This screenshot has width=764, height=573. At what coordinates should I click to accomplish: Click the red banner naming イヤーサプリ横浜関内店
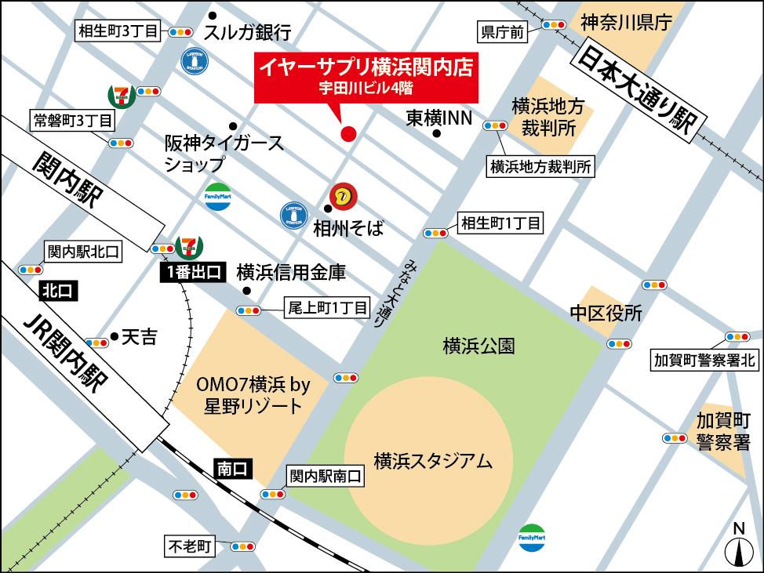point(368,77)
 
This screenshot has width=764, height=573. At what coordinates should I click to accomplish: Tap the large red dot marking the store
point(349,134)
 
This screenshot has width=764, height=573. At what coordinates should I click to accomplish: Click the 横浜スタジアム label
point(433,461)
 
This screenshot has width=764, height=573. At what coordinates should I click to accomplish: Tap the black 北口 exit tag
point(58,291)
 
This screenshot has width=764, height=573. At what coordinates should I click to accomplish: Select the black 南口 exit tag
point(231,469)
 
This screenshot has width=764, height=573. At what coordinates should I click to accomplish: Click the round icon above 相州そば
point(341,195)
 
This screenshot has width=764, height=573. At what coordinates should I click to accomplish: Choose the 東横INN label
point(438,118)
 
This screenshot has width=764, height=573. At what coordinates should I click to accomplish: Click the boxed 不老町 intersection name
point(189,546)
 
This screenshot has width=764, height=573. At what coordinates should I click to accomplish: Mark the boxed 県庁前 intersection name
point(502,32)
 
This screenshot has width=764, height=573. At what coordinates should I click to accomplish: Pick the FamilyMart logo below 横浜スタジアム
point(533,538)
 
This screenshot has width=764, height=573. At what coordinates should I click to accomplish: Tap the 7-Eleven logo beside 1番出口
point(189,246)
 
